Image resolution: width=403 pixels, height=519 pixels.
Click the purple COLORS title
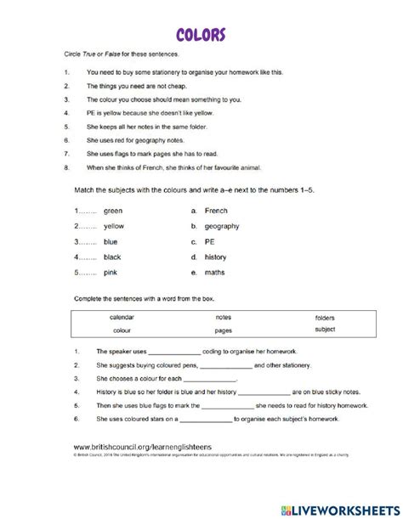click(201, 35)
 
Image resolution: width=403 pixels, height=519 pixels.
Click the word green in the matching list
click(113, 211)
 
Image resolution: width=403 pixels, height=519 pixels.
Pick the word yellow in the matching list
click(114, 226)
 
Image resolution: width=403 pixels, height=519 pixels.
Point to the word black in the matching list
click(112, 257)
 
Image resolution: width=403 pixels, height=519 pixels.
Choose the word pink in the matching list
click(111, 272)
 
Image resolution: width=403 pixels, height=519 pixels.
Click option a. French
click(216, 211)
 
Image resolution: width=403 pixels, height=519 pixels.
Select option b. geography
click(221, 226)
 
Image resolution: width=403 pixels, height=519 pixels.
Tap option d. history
click(215, 257)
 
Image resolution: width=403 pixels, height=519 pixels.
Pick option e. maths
click(215, 272)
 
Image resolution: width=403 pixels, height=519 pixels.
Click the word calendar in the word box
click(122, 317)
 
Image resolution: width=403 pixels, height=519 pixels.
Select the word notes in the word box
click(224, 317)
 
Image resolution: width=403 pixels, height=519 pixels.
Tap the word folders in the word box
click(325, 317)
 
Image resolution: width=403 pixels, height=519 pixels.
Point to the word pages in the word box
click(224, 330)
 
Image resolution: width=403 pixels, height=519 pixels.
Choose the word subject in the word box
click(325, 330)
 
